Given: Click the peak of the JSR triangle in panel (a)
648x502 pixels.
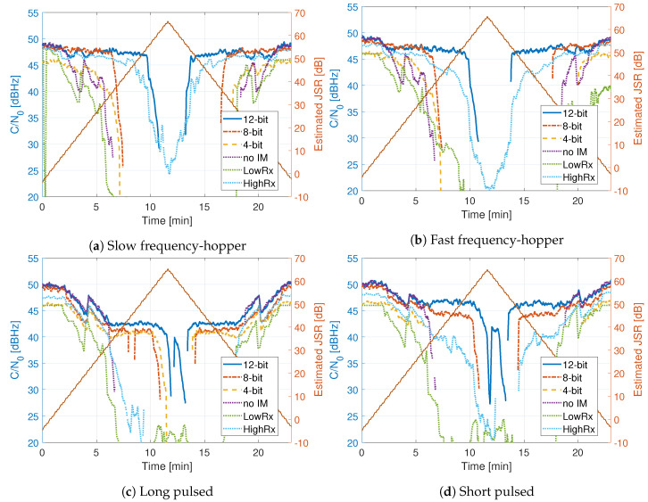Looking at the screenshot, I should tap(168, 21).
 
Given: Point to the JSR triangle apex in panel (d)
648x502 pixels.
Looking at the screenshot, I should tap(487, 270).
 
